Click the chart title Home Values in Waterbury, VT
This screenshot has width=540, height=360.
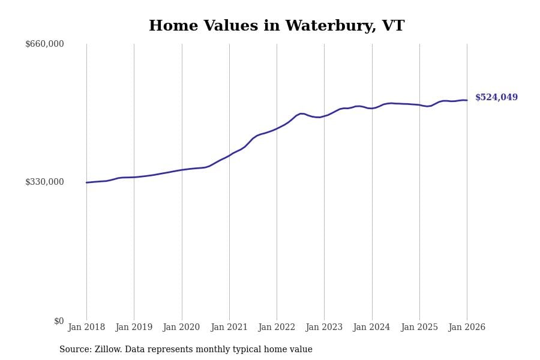[277, 26]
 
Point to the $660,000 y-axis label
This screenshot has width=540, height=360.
[44, 44]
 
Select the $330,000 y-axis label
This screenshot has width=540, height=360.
[44, 182]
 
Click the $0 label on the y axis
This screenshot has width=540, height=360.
[59, 321]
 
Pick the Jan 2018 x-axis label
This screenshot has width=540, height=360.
[86, 328]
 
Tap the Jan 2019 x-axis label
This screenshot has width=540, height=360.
[134, 328]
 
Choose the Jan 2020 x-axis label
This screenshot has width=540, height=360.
[181, 328]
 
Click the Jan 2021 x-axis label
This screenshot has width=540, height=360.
[229, 328]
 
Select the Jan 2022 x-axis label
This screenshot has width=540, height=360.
[277, 328]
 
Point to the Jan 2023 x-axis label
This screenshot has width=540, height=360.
[324, 328]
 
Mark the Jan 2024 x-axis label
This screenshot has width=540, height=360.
[371, 328]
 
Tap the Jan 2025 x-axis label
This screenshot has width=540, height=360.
[419, 328]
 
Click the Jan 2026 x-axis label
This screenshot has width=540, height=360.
[467, 328]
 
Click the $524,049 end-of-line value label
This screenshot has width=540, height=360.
[496, 98]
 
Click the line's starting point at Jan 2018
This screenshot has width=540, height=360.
[86, 182]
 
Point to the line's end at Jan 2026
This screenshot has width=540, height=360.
[467, 100]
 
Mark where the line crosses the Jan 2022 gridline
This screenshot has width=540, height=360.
[277, 128]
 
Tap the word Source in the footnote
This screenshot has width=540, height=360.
[74, 350]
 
